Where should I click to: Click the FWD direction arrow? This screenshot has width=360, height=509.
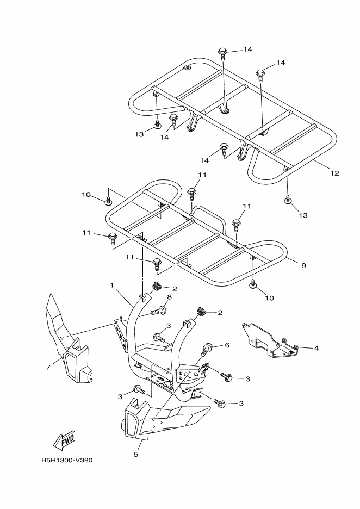[64, 440]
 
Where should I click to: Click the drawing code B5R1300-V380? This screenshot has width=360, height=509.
[67, 460]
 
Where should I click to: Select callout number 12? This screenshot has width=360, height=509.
[334, 173]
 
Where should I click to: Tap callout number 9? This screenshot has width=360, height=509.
[304, 265]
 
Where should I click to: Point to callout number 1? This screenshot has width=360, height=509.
[113, 285]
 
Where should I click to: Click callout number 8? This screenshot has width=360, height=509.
[169, 297]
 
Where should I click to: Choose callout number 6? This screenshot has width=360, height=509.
[227, 345]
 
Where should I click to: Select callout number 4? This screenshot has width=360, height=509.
[316, 349]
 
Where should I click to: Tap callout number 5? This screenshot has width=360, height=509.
[136, 454]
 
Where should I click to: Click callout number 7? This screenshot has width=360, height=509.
[48, 367]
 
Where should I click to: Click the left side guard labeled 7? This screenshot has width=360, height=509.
[67, 339]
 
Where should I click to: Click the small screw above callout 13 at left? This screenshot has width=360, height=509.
[158, 124]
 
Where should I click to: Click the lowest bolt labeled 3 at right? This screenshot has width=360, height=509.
[220, 402]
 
